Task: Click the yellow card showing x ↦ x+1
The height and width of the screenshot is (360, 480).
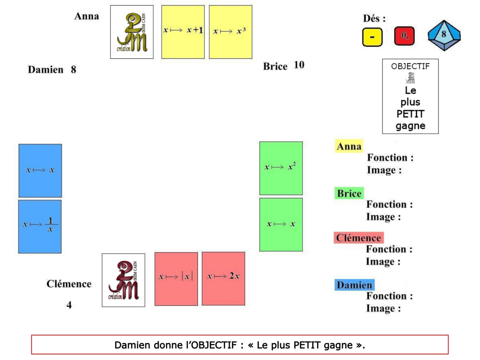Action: click(183, 32)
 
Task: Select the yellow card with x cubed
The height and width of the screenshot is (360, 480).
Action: click(230, 32)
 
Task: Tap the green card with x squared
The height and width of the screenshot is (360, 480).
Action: click(281, 168)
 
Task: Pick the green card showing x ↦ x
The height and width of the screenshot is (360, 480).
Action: click(281, 224)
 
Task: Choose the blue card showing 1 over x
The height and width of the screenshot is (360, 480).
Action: click(40, 226)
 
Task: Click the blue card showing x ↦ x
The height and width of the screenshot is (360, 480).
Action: click(40, 170)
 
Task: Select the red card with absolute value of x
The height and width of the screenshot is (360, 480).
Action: click(176, 278)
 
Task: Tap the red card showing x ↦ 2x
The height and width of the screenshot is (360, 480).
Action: click(223, 278)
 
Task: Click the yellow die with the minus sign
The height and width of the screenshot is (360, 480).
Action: click(372, 37)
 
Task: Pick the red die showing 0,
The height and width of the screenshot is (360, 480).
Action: click(404, 36)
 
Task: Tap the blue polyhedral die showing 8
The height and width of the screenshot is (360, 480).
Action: click(444, 35)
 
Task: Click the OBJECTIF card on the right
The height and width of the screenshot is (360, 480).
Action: click(410, 96)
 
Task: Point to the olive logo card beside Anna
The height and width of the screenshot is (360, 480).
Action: click(132, 32)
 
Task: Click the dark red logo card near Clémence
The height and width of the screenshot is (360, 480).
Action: click(123, 280)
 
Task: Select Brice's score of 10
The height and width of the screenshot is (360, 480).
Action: click(299, 65)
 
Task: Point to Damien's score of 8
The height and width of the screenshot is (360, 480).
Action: click(73, 70)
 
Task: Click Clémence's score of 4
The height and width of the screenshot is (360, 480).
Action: click(69, 305)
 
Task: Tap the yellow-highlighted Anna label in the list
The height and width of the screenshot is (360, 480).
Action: click(349, 147)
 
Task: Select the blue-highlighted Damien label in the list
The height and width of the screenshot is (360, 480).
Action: click(354, 285)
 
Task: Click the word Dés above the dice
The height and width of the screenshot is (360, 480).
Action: click(374, 18)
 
